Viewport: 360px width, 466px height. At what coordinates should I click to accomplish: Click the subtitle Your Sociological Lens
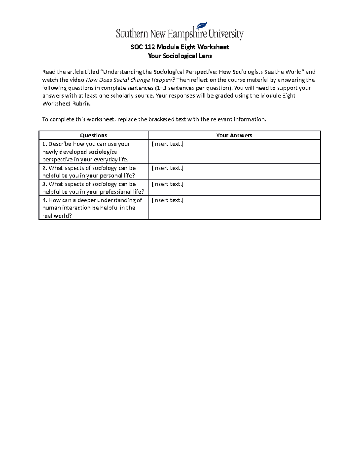tap(180, 56)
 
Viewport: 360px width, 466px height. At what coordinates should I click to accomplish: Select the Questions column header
tap(94, 135)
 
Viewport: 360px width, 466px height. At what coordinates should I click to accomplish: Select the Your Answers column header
tap(234, 135)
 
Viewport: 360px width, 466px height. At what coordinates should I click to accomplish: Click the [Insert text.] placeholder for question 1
tap(167, 144)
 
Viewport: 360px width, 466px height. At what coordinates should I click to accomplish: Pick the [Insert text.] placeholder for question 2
tap(167, 168)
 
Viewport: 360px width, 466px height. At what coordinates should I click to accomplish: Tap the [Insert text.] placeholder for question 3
tap(167, 184)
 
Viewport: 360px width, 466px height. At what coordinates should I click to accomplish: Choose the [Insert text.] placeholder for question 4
tap(167, 200)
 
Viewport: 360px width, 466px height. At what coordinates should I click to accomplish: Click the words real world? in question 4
tap(57, 216)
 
